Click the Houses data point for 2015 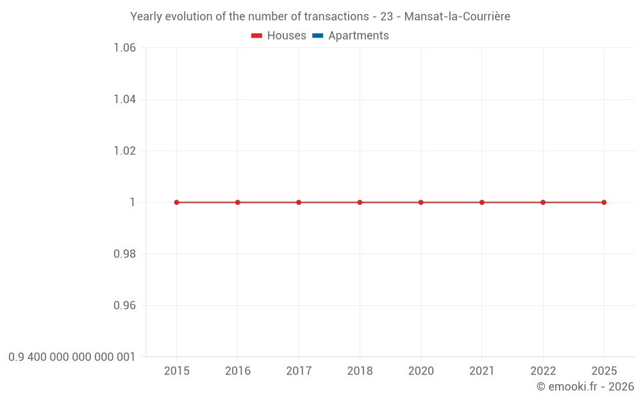pyautogui.click(x=176, y=202)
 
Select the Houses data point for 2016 pyautogui.click(x=238, y=202)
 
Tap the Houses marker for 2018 pyautogui.click(x=360, y=202)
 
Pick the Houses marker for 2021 pyautogui.click(x=482, y=202)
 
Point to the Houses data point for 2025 pyautogui.click(x=604, y=202)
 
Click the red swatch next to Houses pyautogui.click(x=257, y=36)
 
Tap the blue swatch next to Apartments pyautogui.click(x=318, y=36)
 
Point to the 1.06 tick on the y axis pyautogui.click(x=124, y=48)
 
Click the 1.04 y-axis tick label pyautogui.click(x=124, y=99)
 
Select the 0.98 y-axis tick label pyautogui.click(x=124, y=254)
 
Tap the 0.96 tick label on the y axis pyautogui.click(x=124, y=305)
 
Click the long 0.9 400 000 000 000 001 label pyautogui.click(x=72, y=357)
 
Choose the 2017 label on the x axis pyautogui.click(x=299, y=371)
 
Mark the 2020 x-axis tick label pyautogui.click(x=420, y=371)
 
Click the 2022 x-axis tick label pyautogui.click(x=543, y=371)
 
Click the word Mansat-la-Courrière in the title pyautogui.click(x=457, y=17)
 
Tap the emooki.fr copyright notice pyautogui.click(x=585, y=387)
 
